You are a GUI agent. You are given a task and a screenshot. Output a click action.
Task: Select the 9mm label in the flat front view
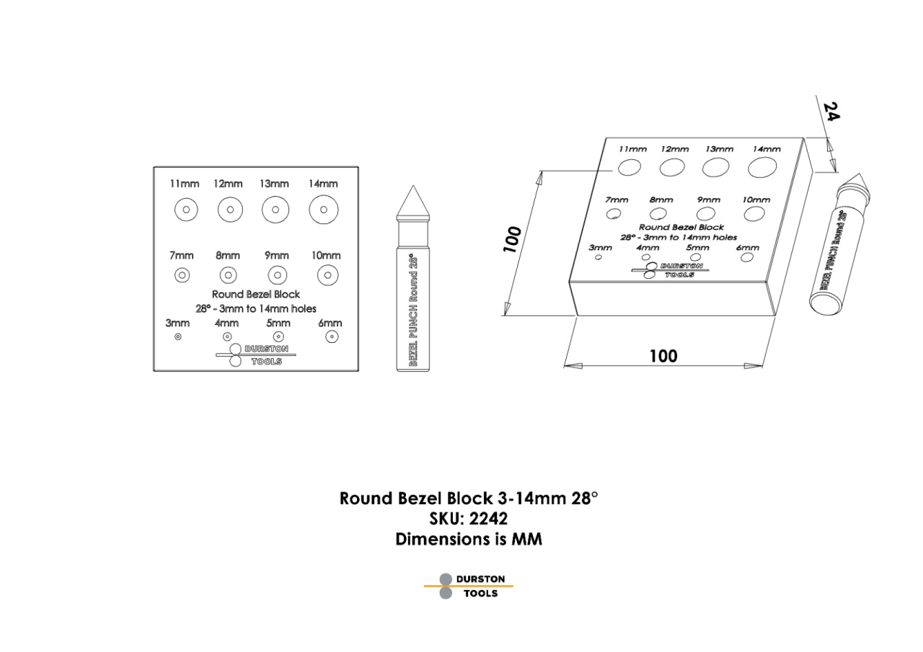pyautogui.click(x=276, y=256)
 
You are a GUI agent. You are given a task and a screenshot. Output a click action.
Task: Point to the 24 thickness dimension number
pyautogui.click(x=831, y=112)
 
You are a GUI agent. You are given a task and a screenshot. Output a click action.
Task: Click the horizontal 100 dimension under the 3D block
pyautogui.click(x=663, y=356)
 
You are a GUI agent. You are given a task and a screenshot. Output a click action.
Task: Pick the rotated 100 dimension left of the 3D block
pyautogui.click(x=512, y=239)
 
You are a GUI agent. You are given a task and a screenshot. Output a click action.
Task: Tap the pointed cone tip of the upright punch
pyautogui.click(x=413, y=186)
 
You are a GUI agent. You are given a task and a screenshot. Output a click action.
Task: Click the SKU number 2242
pyautogui.click(x=488, y=519)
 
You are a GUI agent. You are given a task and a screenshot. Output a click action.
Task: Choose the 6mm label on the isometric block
pyautogui.click(x=748, y=248)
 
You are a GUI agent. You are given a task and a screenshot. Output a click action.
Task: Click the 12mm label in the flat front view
pyautogui.click(x=228, y=184)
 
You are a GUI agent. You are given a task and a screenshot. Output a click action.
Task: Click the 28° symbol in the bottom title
pyautogui.click(x=584, y=498)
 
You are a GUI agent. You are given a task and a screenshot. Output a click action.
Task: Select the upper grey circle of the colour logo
pyautogui.click(x=446, y=579)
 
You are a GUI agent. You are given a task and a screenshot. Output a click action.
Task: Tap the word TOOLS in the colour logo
pyautogui.click(x=480, y=593)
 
